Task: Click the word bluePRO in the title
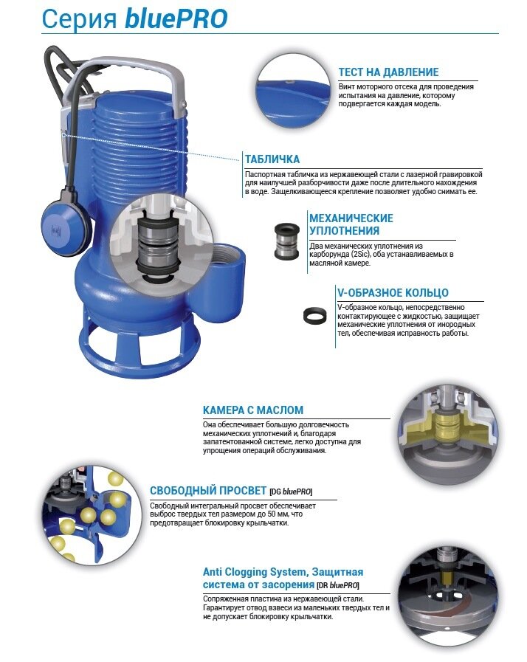point(176,19)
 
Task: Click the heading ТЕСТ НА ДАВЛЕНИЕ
point(388,72)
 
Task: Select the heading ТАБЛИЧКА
point(272,159)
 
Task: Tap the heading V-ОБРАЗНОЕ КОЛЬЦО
point(393,292)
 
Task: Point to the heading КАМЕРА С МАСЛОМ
point(253,410)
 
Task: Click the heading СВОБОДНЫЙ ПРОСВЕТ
point(208,491)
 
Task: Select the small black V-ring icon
point(315,315)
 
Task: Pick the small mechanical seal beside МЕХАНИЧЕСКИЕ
point(286,241)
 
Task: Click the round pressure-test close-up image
point(294,92)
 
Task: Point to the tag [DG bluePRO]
point(291,492)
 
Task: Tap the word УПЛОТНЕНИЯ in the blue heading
point(344,230)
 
